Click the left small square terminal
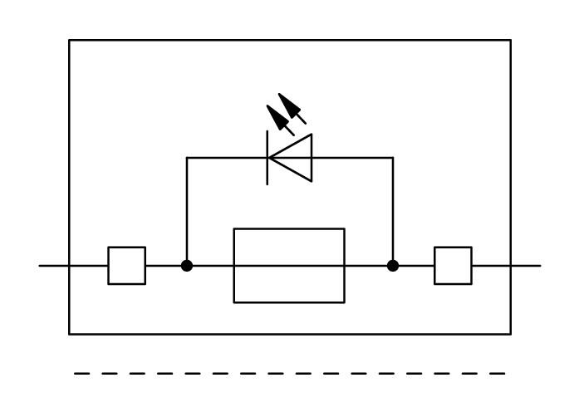pyautogui.click(x=126, y=266)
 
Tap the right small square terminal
pyautogui.click(x=453, y=266)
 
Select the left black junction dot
pyautogui.click(x=187, y=266)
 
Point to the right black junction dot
pyautogui.click(x=393, y=266)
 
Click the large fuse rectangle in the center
pyautogui.click(x=289, y=266)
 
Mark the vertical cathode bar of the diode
pyautogui.click(x=267, y=157)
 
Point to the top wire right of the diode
pyautogui.click(x=353, y=157)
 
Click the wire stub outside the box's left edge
pyautogui.click(x=53, y=266)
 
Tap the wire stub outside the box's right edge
pyautogui.click(x=526, y=266)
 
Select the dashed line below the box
pyautogui.click(x=289, y=374)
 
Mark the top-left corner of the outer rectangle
pyautogui.click(x=69, y=40)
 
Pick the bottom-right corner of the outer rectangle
pyautogui.click(x=511, y=334)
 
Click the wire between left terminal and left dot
pyautogui.click(x=164, y=266)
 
